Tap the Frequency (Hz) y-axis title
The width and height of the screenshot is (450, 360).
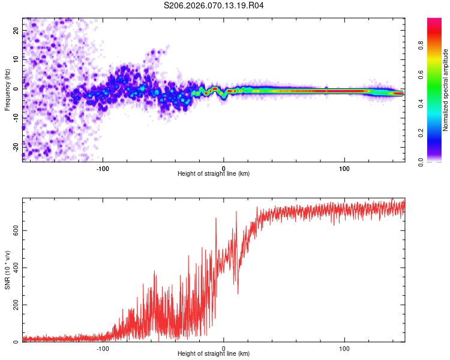tap(7, 89)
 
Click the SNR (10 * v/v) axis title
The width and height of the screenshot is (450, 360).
tap(7, 270)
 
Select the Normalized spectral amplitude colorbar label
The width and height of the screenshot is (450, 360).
tap(446, 90)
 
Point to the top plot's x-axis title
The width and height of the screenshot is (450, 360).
tap(214, 174)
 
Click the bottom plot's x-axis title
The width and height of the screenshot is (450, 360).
tap(214, 354)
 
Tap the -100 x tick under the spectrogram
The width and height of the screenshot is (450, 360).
tap(103, 167)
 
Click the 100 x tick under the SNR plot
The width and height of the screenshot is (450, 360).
tap(345, 347)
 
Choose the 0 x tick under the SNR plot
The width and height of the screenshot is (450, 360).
tap(224, 347)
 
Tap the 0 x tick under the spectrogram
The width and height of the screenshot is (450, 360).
tap(224, 167)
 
